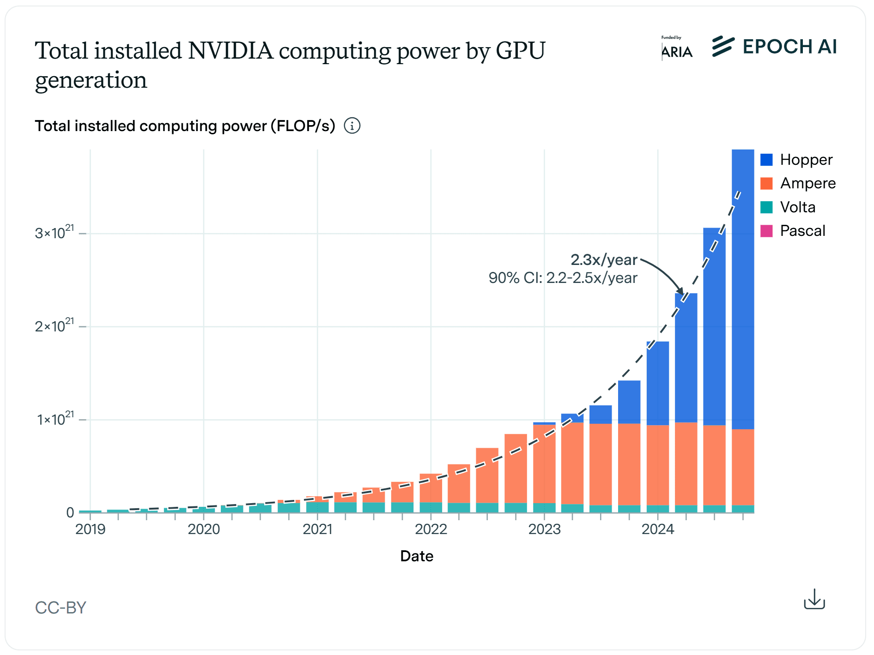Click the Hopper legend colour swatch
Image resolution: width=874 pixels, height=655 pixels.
[766, 160]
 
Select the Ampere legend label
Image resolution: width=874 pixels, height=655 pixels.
[807, 183]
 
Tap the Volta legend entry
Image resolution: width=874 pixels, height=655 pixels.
[797, 207]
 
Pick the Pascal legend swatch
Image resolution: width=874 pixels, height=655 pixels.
[766, 231]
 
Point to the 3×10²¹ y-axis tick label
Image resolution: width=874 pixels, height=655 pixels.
[54, 232]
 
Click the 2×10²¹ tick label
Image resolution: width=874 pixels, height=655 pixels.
[54, 325]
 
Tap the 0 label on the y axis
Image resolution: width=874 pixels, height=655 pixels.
[70, 512]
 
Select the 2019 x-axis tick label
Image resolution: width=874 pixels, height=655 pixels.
[91, 529]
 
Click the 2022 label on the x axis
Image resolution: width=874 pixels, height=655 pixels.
[431, 529]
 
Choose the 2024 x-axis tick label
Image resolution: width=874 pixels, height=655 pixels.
[657, 529]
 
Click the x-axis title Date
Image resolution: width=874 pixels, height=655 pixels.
[416, 556]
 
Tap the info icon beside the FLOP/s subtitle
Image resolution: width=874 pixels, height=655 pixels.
[352, 126]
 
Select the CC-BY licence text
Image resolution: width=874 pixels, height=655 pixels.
[61, 607]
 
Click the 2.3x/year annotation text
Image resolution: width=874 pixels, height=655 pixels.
[603, 260]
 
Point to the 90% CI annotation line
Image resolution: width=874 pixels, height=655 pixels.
[563, 278]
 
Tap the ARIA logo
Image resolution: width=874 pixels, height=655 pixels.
[677, 49]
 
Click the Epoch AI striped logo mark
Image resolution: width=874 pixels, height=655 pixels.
[723, 46]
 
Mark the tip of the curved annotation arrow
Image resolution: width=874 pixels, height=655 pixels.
[682, 294]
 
